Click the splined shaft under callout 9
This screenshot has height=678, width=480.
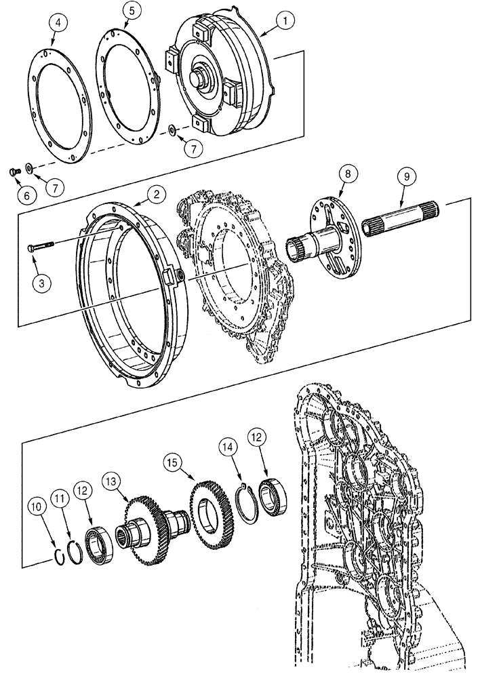click(x=405, y=220)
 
